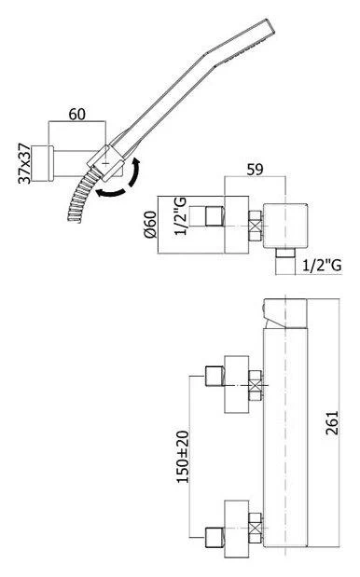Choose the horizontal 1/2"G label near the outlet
(323, 268)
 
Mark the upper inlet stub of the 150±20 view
(215, 378)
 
